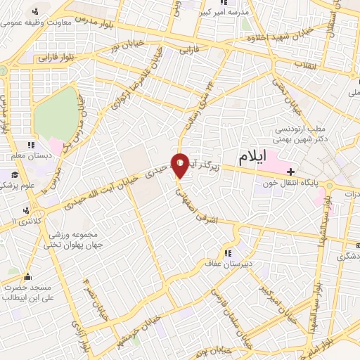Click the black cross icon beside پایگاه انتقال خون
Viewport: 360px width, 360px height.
click(290, 171)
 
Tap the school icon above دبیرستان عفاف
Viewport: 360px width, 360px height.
click(227, 254)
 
